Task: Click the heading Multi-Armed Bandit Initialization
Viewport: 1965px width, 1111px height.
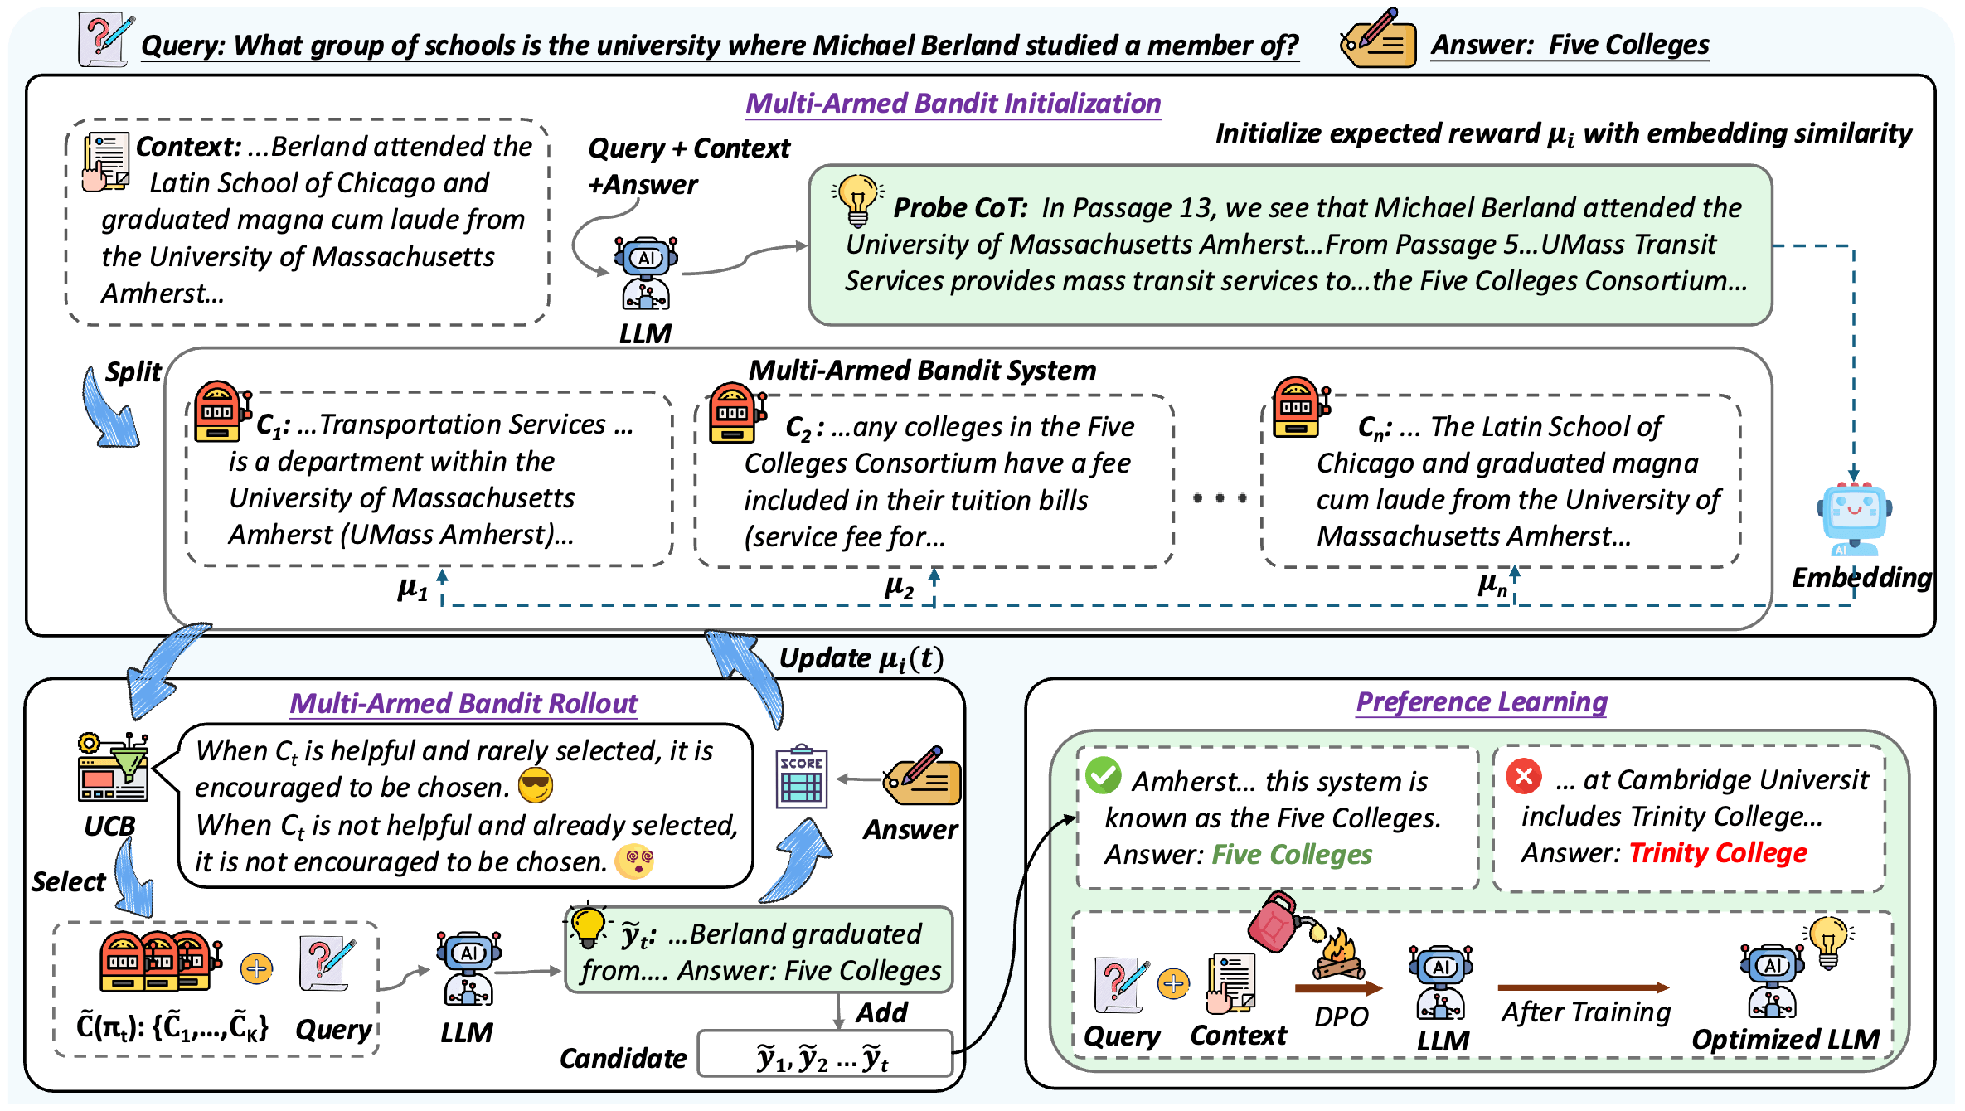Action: (953, 103)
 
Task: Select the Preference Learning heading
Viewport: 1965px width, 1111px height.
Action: (1481, 702)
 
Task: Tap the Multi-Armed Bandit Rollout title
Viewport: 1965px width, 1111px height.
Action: (463, 704)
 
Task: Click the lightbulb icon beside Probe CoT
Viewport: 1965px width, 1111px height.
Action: (857, 200)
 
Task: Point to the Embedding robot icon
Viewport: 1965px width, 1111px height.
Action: (1854, 519)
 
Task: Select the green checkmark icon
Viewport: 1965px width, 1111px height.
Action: (1104, 775)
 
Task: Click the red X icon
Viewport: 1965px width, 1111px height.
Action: (1523, 776)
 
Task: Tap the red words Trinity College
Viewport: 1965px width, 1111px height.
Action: (1717, 853)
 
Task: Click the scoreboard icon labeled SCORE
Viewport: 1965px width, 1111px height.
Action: (801, 777)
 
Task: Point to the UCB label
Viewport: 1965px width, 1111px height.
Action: (109, 826)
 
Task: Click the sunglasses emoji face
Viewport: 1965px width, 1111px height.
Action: (536, 786)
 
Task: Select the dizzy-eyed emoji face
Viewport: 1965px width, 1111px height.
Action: (634, 861)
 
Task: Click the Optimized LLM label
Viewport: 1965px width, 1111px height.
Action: (1785, 1039)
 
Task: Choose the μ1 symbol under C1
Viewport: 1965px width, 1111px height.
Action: (413, 589)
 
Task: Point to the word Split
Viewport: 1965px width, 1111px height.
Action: (133, 371)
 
